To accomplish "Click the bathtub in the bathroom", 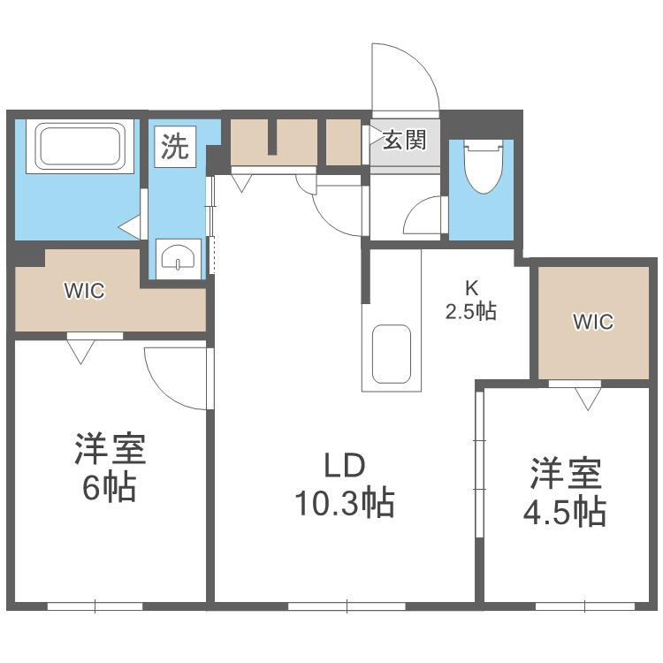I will coord(78,147).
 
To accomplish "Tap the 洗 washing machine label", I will coord(174,146).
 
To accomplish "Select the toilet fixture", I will coord(482,167).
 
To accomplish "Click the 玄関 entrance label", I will coord(405,140).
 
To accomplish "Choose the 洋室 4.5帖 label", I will coord(567,492).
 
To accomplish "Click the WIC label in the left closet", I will coord(84,291).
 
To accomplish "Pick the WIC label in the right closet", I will coord(591,322).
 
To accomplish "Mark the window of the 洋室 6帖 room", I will coord(95,606).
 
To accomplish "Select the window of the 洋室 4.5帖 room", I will coord(584,606).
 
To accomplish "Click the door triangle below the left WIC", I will coord(81,352).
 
